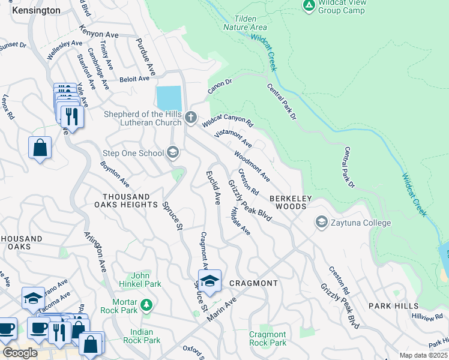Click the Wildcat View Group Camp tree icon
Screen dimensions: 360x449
[x=309, y=5]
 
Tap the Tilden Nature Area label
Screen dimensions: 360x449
[x=245, y=23]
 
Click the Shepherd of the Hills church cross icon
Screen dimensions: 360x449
[x=191, y=117]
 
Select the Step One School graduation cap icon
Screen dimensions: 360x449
[x=173, y=153]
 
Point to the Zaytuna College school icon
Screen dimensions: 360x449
[x=321, y=223]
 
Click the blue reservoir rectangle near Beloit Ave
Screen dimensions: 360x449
[x=168, y=98]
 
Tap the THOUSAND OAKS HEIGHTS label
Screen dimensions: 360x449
[x=130, y=200]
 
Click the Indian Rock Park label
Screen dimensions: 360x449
[x=136, y=336]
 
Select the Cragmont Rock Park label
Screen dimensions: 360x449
[x=268, y=338]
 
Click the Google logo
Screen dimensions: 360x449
[x=19, y=352]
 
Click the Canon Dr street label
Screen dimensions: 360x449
[x=220, y=87]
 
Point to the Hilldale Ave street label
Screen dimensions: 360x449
[x=240, y=221]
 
